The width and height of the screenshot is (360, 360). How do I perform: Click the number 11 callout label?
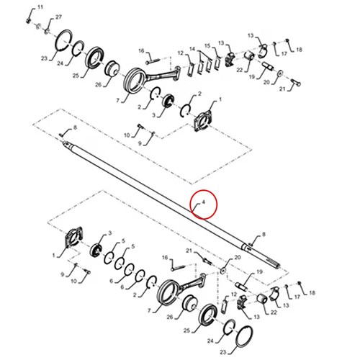coord(40,7)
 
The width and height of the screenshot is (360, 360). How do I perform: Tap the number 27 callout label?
coord(58,17)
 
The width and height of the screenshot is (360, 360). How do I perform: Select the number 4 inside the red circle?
coord(204,202)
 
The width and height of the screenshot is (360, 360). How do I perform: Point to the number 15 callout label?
coord(207,45)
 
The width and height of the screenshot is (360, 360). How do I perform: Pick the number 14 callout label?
coord(192,49)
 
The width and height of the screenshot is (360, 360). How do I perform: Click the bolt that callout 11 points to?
coord(28,20)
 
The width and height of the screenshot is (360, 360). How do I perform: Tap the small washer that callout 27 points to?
coord(47,31)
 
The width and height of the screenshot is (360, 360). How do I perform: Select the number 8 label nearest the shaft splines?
coord(264,234)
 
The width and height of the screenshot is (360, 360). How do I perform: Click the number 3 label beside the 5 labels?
coord(110,233)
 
